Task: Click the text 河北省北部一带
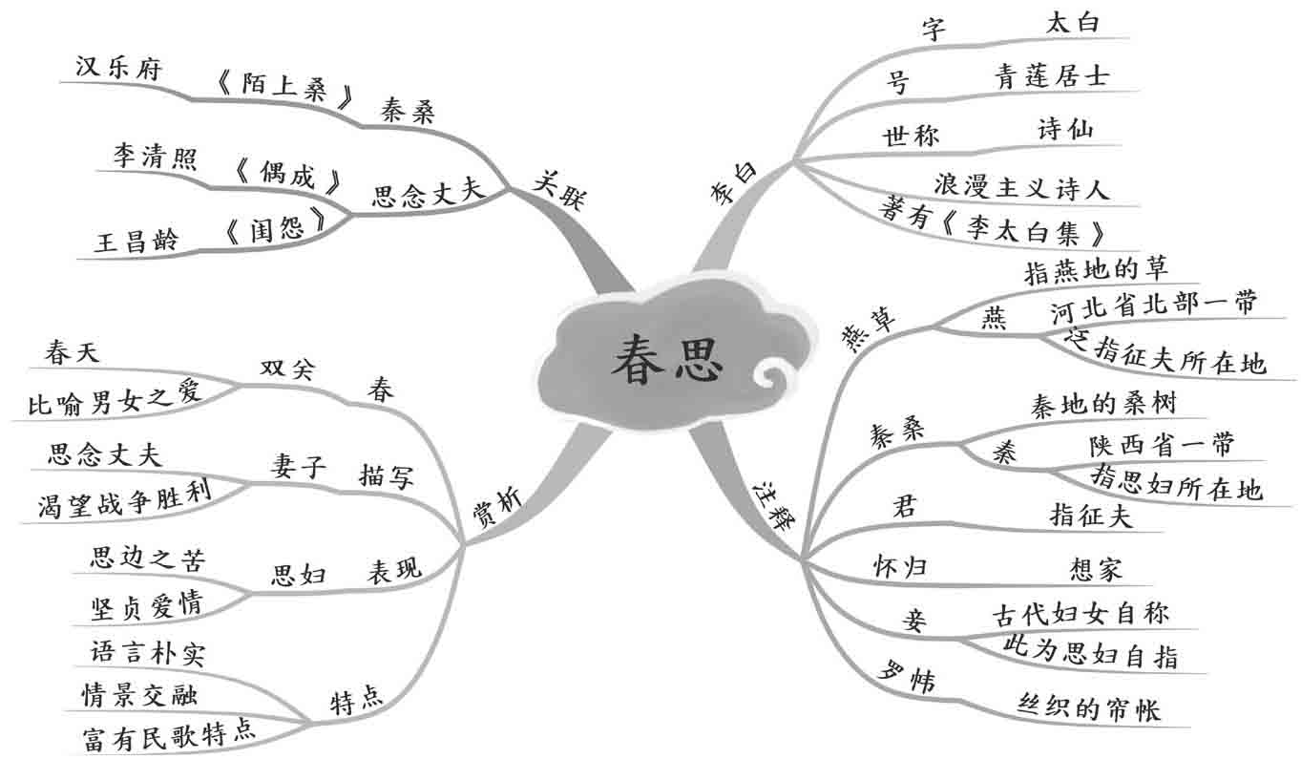1153,308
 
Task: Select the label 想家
1097,570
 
